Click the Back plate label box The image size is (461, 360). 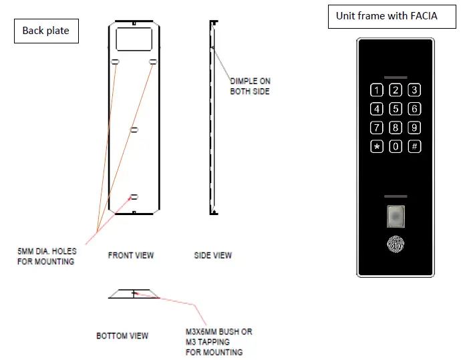45,31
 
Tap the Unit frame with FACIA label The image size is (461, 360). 387,16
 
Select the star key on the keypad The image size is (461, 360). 377,146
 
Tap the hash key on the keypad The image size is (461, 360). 414,146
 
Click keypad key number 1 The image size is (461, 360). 377,90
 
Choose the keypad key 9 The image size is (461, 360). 414,128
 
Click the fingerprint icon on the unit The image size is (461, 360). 396,244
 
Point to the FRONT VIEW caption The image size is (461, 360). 131,255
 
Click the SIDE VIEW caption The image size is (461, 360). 213,255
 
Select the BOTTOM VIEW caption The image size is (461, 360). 122,335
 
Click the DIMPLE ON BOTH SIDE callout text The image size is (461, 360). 250,86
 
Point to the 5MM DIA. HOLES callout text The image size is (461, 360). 47,256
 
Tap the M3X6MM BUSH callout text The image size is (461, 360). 218,341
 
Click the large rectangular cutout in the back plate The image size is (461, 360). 134,39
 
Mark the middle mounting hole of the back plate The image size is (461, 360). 134,128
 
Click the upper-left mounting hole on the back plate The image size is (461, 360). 116,62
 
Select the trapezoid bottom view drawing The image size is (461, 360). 134,294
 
